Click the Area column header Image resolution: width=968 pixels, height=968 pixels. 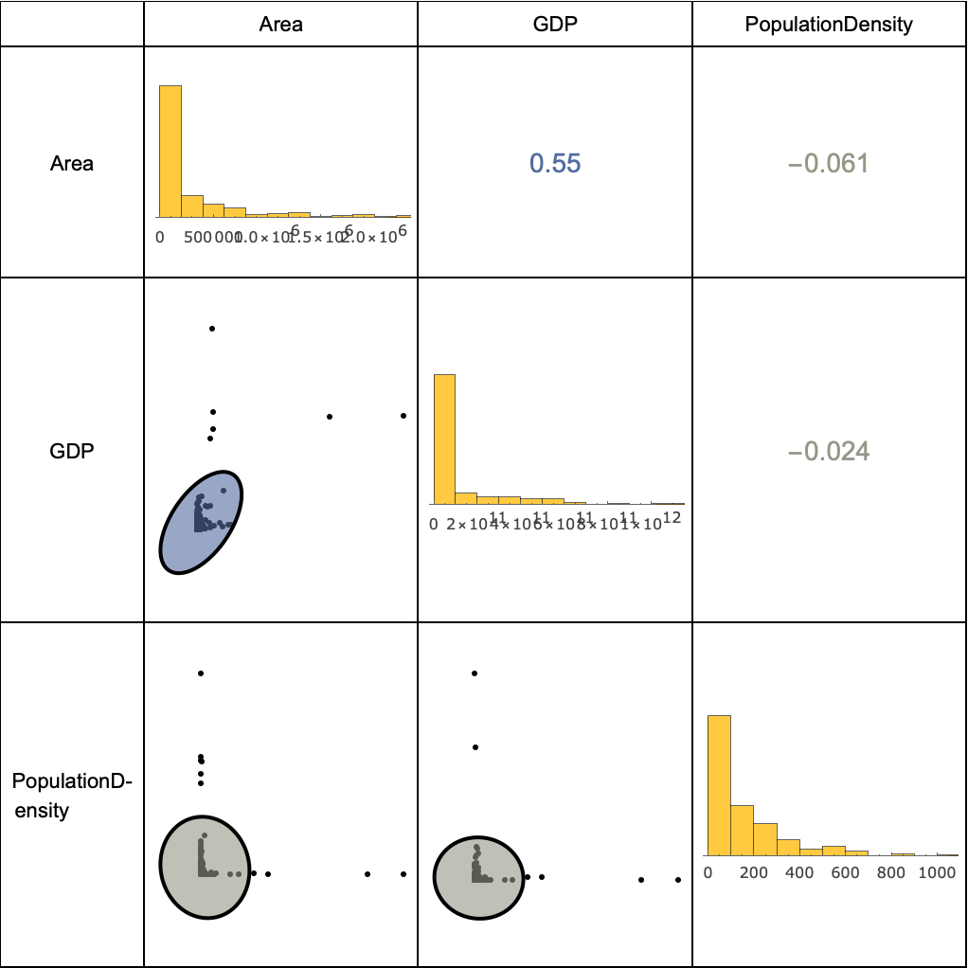280,25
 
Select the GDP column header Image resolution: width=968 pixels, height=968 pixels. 554,25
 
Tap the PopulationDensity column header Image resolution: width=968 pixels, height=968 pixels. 829,25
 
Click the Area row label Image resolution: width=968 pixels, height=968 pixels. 72,164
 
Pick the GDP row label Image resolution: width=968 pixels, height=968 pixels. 72,451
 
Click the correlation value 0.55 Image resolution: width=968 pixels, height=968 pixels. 554,164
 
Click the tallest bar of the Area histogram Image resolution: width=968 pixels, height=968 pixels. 170,152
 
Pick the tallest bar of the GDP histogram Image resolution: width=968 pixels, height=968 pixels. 444,439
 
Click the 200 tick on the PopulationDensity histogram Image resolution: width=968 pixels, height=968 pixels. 754,872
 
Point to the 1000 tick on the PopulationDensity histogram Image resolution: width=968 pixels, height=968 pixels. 938,872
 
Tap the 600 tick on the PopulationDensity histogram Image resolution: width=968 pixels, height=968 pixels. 846,872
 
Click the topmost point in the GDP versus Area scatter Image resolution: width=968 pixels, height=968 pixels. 212,329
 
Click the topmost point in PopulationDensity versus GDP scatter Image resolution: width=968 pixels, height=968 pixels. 475,673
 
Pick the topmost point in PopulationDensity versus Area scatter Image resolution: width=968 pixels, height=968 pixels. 201,673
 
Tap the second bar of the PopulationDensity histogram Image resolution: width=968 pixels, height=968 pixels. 743,830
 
